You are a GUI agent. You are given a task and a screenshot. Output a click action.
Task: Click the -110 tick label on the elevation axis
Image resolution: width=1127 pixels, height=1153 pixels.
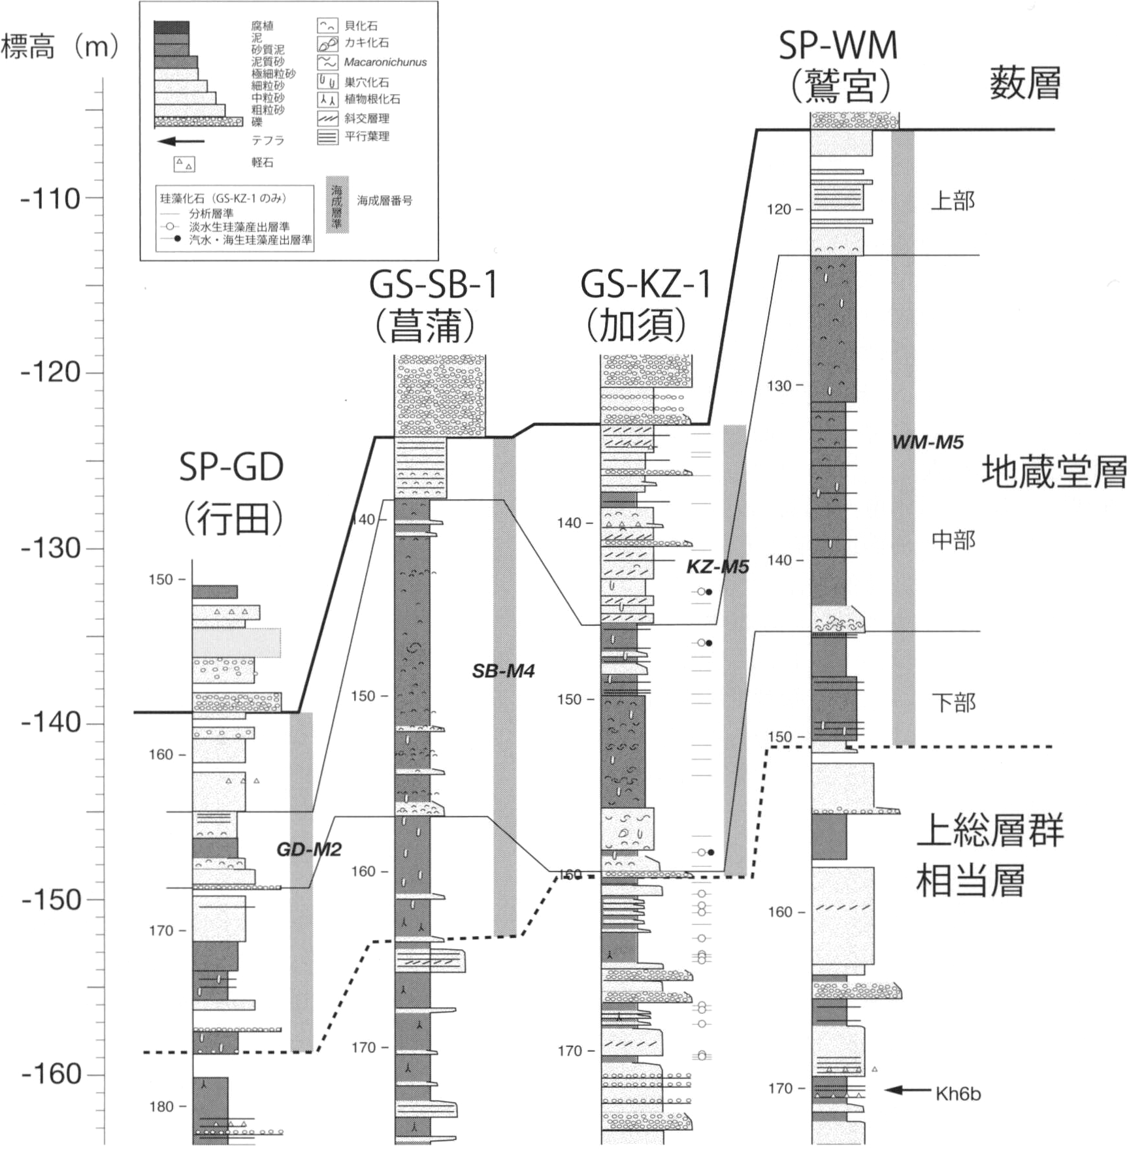[x=50, y=199]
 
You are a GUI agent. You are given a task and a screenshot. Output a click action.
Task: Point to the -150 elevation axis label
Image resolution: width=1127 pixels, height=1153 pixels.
[x=50, y=900]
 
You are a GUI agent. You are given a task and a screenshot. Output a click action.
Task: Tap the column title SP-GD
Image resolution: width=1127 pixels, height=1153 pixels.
[x=231, y=468]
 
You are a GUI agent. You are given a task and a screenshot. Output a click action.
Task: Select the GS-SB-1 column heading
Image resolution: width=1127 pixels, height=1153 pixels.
[x=434, y=285]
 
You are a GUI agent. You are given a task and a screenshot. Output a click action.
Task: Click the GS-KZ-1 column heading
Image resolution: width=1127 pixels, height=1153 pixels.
[x=645, y=285]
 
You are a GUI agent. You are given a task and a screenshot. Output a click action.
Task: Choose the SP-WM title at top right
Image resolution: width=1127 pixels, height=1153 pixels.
[x=838, y=46]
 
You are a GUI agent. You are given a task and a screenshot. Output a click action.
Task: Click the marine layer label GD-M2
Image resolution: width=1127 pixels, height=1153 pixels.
[x=309, y=849]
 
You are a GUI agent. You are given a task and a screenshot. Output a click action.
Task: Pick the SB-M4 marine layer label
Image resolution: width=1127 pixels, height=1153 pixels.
[x=503, y=671]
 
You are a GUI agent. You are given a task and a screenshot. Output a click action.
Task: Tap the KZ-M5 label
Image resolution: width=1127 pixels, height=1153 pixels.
[x=717, y=567]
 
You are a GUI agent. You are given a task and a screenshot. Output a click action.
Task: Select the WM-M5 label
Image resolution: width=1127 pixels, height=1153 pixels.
[x=928, y=442]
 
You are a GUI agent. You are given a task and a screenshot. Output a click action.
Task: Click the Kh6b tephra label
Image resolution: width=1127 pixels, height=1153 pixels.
[x=958, y=1094]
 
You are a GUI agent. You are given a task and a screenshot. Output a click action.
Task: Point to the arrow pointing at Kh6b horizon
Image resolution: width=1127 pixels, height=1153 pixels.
[x=907, y=1090]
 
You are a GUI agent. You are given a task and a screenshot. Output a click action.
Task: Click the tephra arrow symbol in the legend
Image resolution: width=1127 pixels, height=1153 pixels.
[x=181, y=141]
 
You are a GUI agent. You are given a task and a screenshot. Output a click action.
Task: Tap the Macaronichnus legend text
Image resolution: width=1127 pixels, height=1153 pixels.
[x=385, y=63]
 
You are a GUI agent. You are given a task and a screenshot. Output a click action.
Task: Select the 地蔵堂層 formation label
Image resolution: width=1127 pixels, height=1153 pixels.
[x=1053, y=472]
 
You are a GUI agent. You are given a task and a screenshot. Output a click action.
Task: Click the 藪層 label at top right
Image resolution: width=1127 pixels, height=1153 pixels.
[x=1024, y=84]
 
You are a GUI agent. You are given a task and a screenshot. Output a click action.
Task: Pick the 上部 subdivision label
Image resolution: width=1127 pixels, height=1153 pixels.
[x=953, y=201]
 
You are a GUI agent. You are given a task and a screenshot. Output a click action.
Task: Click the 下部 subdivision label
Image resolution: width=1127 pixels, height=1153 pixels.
[x=953, y=702]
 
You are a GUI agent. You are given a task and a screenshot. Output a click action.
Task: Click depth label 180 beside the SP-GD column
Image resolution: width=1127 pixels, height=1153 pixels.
[x=161, y=1107]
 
